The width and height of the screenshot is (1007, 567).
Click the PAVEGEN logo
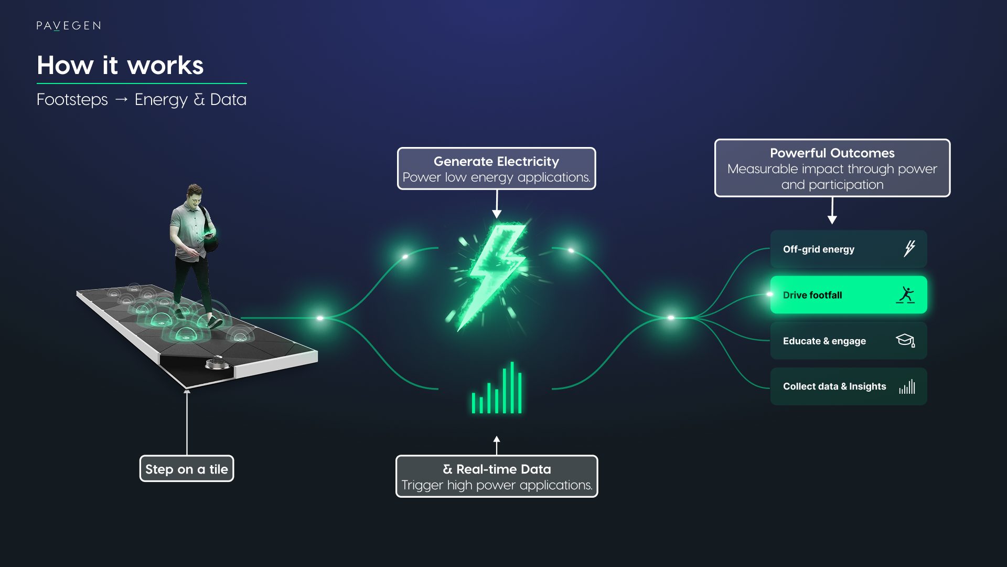click(x=69, y=26)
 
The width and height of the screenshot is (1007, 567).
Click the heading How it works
click(x=120, y=66)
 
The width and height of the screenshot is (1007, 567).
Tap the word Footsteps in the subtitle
click(x=72, y=100)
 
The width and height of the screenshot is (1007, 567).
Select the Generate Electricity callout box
click(x=496, y=169)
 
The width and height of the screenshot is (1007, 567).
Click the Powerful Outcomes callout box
click(x=832, y=168)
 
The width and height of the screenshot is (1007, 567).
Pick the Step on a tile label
click(x=187, y=469)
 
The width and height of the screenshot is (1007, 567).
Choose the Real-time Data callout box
click(x=496, y=476)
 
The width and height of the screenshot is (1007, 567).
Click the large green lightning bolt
click(x=494, y=273)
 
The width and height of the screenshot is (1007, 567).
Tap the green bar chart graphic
click(x=496, y=389)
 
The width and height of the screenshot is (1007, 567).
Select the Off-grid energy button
click(x=848, y=249)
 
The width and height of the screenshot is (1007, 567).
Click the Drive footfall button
click(x=848, y=295)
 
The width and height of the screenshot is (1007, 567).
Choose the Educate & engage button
click(x=848, y=341)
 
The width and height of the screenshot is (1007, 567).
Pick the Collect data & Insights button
click(x=848, y=386)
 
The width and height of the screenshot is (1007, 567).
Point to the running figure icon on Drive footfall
click(x=905, y=295)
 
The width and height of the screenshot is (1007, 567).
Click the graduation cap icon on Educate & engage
click(x=905, y=340)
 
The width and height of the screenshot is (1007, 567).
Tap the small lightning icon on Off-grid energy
click(x=909, y=248)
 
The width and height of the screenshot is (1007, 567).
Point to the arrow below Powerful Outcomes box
click(x=832, y=211)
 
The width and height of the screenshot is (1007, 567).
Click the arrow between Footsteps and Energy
click(x=121, y=100)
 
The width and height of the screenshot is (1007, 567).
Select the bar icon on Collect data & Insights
click(x=907, y=387)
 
